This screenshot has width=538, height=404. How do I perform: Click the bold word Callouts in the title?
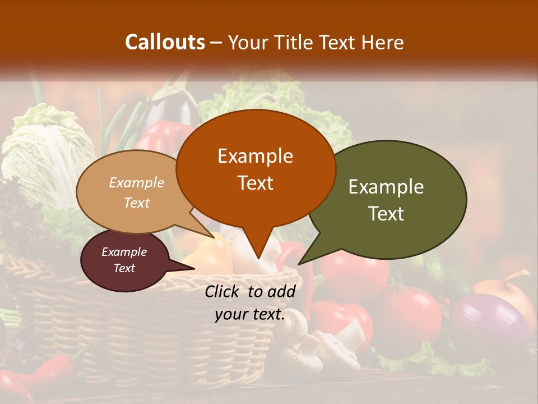[x=165, y=42]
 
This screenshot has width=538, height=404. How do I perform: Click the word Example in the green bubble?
[x=386, y=187]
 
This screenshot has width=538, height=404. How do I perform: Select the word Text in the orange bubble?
[x=256, y=183]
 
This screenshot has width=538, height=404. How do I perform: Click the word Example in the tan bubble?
[x=137, y=182]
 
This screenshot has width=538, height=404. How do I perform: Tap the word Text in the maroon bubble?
[x=124, y=268]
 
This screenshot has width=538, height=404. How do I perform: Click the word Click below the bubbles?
[x=222, y=291]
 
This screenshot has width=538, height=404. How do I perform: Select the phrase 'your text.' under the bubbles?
[x=249, y=315]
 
